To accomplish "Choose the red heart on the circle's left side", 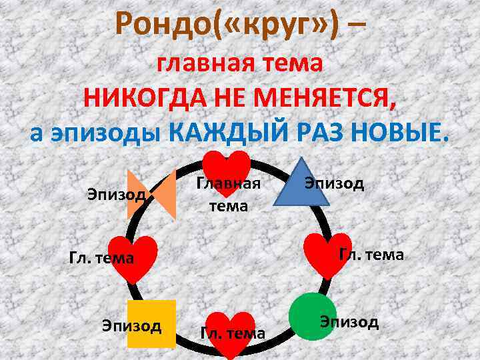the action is [x=135, y=257].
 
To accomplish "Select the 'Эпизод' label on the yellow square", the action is [x=131, y=325].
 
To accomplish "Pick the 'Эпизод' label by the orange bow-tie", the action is [x=117, y=194].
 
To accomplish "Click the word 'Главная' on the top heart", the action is [x=227, y=184].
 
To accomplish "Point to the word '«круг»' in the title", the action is [x=285, y=25].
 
